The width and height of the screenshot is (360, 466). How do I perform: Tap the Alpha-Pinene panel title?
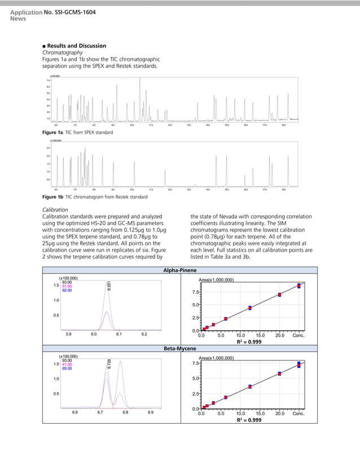tap(179, 271)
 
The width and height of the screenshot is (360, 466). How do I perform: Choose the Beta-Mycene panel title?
tap(179, 349)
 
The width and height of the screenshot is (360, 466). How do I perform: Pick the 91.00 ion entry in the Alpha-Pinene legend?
tap(67, 286)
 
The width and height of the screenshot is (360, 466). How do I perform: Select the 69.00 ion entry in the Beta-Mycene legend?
tap(67, 368)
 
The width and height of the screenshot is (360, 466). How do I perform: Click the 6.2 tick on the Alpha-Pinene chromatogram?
tap(144, 335)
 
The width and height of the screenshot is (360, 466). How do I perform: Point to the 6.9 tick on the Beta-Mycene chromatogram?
tap(150, 412)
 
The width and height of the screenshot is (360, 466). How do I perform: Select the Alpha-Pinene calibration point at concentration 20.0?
tap(279, 294)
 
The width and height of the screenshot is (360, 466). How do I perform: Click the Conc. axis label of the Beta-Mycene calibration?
tap(298, 413)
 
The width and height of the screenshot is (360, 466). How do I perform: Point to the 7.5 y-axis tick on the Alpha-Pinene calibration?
tap(195, 292)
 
